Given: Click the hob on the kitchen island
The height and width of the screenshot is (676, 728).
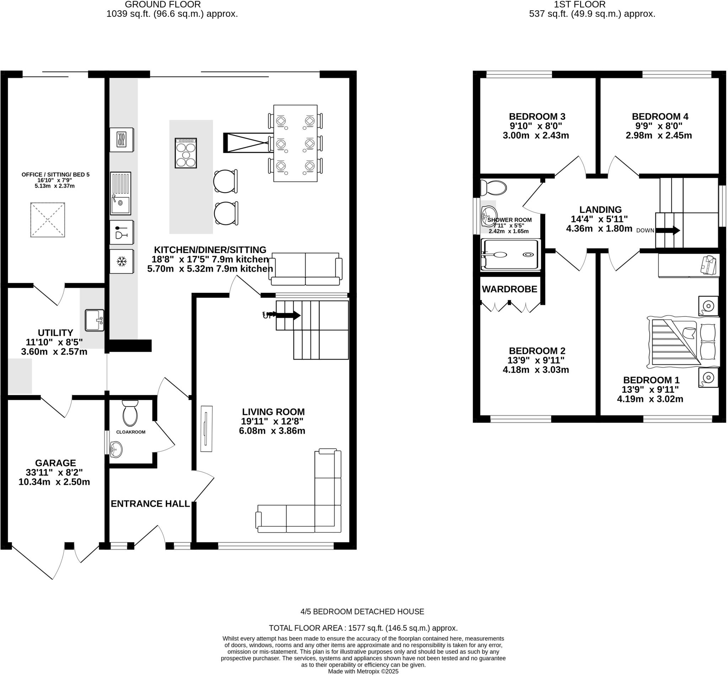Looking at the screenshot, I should pos(186,153).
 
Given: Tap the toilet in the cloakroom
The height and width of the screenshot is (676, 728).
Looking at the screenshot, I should pos(130,414).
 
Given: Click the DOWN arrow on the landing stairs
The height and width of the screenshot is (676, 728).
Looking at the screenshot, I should pos(667,230).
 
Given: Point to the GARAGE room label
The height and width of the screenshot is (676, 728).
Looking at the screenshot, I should pos(55,463).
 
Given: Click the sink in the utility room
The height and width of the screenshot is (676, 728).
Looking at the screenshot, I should pos(95,320).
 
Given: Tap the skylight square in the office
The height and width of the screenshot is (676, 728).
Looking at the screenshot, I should pos(48,220).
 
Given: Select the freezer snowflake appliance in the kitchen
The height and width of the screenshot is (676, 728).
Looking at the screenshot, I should pos(122,261).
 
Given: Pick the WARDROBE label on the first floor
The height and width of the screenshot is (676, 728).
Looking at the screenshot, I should pos(509,289).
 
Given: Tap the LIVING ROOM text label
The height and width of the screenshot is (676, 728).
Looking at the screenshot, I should pos(273,412).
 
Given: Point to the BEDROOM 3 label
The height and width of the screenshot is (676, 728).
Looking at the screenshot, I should pos(537,116).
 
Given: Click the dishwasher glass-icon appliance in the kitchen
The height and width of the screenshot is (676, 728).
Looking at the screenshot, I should pos(122,232).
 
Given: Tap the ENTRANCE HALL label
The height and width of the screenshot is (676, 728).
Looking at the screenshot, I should pos(150,504).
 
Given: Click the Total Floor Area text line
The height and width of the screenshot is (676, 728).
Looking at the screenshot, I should pos(363,628).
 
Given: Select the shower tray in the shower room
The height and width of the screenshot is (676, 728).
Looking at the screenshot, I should pos(510,254).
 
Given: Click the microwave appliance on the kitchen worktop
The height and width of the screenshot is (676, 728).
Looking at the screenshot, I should pos(122,139).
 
